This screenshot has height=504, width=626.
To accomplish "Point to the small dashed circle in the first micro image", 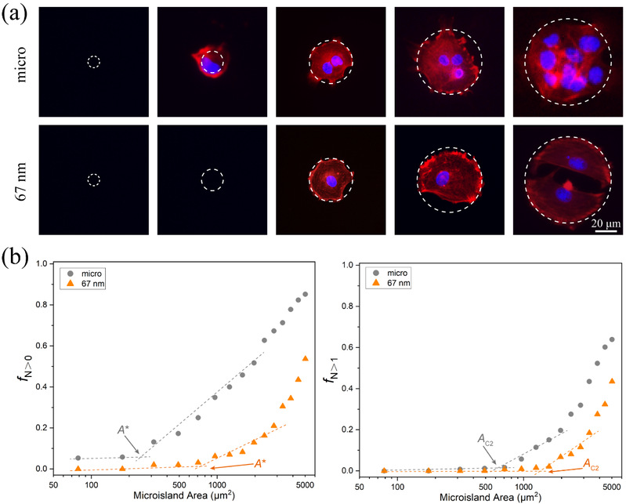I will pyautogui.click(x=93, y=62).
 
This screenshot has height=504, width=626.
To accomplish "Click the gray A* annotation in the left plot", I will pyautogui.click(x=124, y=430).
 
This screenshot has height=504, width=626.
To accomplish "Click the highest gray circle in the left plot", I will pyautogui.click(x=306, y=294).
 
